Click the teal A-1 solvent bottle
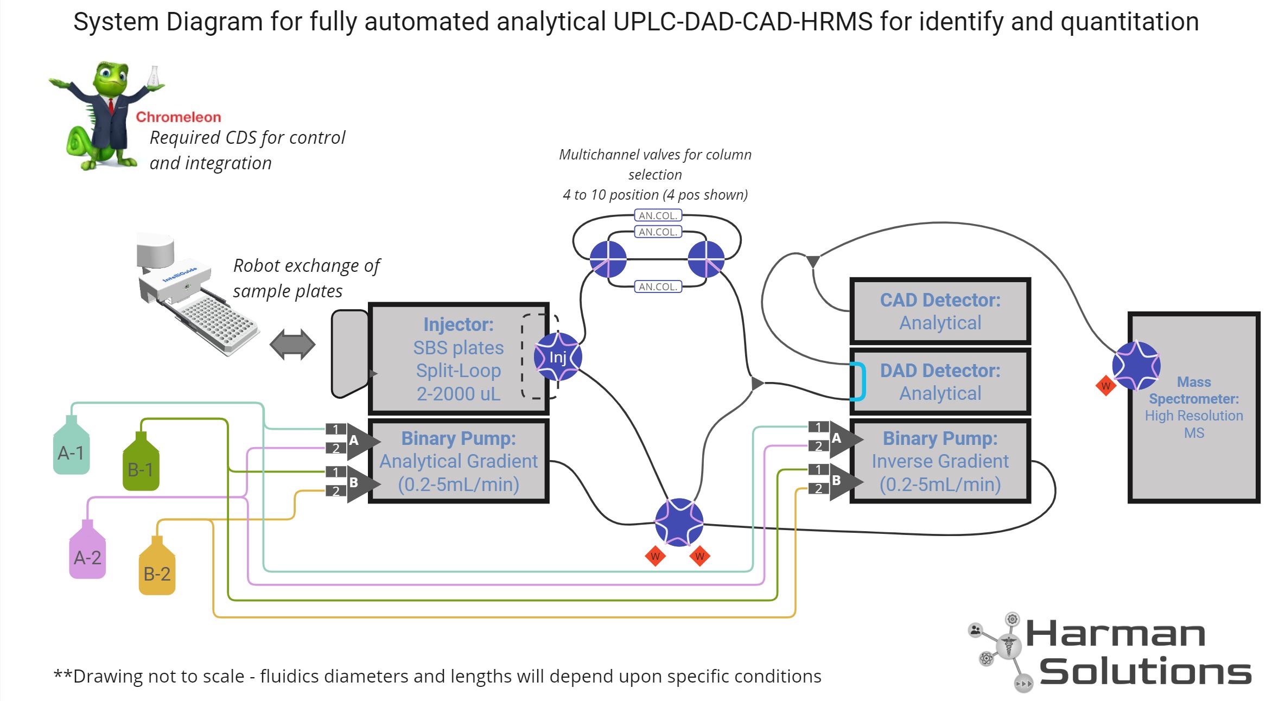click(x=71, y=450)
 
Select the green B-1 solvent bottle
click(x=141, y=467)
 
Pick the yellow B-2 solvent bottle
click(x=157, y=571)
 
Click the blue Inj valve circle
click(x=557, y=356)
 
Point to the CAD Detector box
click(x=939, y=311)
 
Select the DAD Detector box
click(x=939, y=381)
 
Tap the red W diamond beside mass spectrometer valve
click(x=1105, y=386)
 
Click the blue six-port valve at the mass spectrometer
click(x=1136, y=365)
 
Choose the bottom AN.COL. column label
click(x=658, y=286)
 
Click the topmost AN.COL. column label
click(x=658, y=215)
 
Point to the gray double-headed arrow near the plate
click(x=292, y=344)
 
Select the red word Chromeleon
click(x=178, y=117)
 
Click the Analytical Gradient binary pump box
click(x=459, y=461)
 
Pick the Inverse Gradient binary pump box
click(x=939, y=461)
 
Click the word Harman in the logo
click(x=1115, y=634)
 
